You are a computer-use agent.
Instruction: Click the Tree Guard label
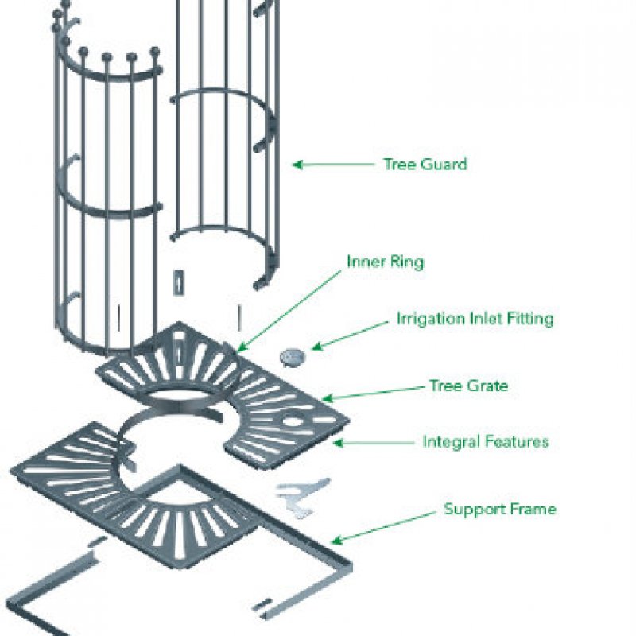pyautogui.click(x=425, y=165)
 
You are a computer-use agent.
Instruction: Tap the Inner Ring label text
pyautogui.click(x=385, y=262)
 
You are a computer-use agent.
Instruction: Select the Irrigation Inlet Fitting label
pyautogui.click(x=475, y=320)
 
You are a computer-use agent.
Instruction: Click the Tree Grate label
pyautogui.click(x=468, y=386)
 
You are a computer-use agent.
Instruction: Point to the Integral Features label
pyautogui.click(x=485, y=441)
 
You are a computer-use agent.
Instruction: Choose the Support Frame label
pyautogui.click(x=499, y=509)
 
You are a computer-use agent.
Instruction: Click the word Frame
pyautogui.click(x=534, y=509)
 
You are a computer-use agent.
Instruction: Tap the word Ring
pyautogui.click(x=407, y=262)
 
